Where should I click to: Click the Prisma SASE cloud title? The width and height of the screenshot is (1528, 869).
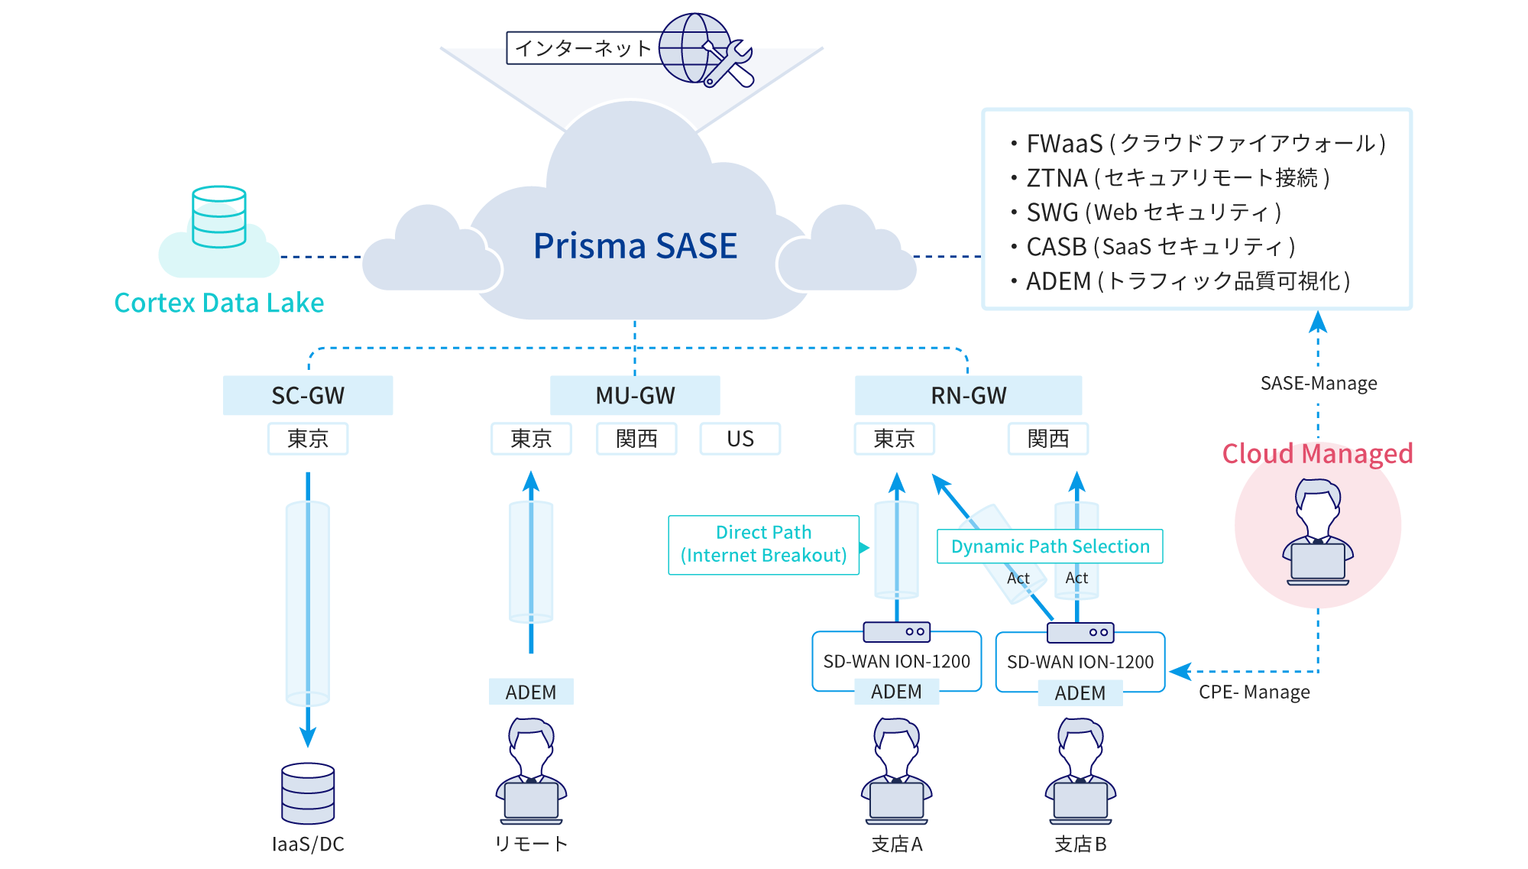(x=635, y=246)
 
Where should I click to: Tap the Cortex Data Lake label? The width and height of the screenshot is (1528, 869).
(x=219, y=303)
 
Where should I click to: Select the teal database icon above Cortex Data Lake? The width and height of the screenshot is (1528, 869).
(x=219, y=217)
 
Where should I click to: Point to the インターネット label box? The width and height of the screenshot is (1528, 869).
(x=583, y=48)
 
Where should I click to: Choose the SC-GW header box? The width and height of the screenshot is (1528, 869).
(x=308, y=395)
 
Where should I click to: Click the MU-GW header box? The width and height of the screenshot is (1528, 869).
(x=635, y=395)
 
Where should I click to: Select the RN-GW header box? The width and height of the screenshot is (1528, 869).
(x=968, y=395)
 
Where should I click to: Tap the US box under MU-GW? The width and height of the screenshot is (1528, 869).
(x=740, y=439)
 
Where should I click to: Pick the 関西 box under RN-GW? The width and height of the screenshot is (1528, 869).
(x=1047, y=439)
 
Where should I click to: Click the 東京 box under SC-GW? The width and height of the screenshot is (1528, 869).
(x=308, y=439)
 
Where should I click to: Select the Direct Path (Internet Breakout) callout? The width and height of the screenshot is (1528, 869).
(x=763, y=544)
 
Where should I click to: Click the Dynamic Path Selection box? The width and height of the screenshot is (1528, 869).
(x=1050, y=546)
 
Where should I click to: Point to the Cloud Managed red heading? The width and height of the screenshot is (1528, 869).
(x=1317, y=454)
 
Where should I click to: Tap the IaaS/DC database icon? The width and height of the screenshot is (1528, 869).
(x=308, y=793)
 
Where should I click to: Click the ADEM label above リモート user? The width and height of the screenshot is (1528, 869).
(x=531, y=692)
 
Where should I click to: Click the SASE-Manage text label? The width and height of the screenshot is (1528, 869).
(x=1319, y=383)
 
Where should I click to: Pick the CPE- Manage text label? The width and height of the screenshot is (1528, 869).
(x=1254, y=692)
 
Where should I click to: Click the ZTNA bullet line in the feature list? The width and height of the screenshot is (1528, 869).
(x=1177, y=178)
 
